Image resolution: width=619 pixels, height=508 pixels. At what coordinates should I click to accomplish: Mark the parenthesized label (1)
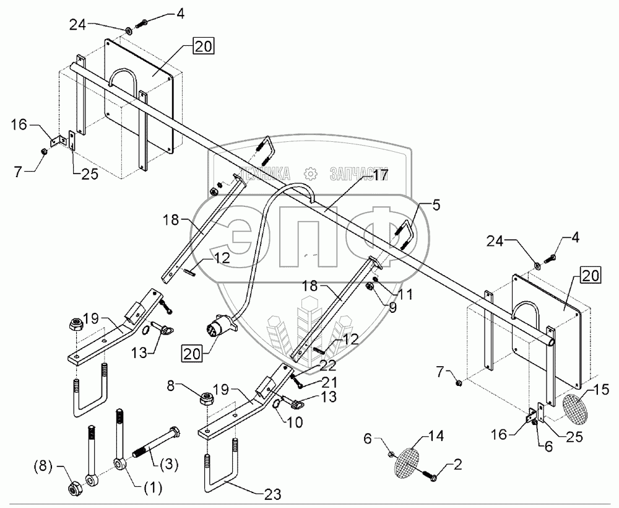pyautogui.click(x=153, y=488)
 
